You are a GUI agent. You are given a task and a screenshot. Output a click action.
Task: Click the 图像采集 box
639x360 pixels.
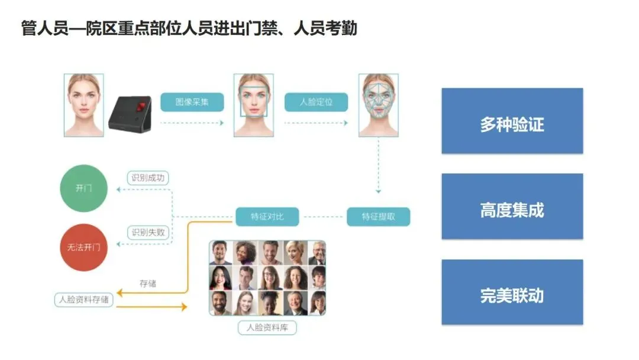[192, 102]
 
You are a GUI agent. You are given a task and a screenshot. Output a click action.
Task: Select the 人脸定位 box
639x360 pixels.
[316, 102]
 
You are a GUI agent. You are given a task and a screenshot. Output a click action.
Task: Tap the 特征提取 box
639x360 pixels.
[378, 217]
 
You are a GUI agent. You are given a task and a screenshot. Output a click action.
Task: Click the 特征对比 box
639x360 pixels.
[267, 217]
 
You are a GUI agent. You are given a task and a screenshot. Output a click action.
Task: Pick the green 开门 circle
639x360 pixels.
[84, 188]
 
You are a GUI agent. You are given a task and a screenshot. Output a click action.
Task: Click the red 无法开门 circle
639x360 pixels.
[84, 247]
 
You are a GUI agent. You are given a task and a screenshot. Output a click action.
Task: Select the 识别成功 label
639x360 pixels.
[149, 178]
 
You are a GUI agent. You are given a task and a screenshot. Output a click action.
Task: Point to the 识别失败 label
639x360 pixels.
[149, 233]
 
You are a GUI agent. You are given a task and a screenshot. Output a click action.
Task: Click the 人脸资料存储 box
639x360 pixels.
[83, 300]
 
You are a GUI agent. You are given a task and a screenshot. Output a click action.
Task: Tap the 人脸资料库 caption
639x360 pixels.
[267, 327]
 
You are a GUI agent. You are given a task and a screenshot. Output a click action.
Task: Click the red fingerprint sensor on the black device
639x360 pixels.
[141, 108]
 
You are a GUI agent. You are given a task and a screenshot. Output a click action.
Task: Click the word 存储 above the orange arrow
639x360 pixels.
[148, 284]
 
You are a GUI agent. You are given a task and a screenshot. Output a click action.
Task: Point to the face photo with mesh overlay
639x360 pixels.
[379, 105]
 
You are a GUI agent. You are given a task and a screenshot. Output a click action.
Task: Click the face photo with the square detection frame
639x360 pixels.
[254, 105]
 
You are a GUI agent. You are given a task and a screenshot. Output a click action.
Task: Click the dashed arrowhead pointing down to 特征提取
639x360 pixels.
[379, 191]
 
